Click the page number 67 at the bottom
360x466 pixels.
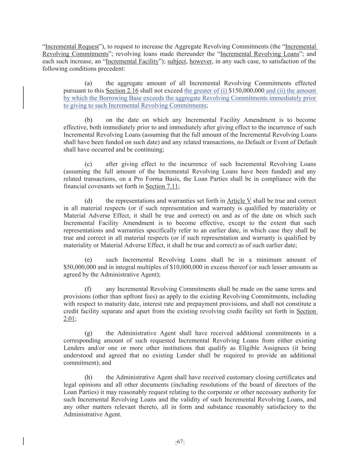(180, 442)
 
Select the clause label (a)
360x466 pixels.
(88, 83)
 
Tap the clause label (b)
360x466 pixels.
(88, 120)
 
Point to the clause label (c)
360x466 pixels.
(88, 164)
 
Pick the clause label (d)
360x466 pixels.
(88, 201)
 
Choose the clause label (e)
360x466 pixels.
(88, 260)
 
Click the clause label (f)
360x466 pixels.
(88, 289)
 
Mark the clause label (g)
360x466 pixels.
(88, 333)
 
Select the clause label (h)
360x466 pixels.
(88, 378)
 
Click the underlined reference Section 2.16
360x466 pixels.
(122, 91)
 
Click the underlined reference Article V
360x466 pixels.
(239, 201)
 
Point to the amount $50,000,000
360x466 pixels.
(80, 267)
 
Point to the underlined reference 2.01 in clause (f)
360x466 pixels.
(69, 319)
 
